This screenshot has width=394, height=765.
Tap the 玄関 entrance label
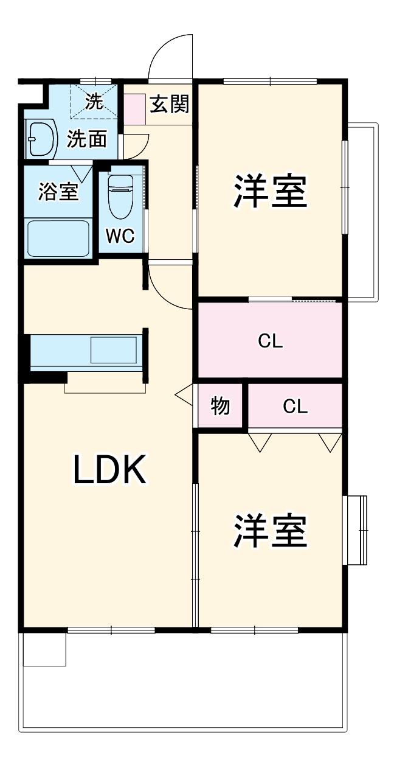click(x=170, y=103)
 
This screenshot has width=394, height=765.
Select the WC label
click(x=120, y=236)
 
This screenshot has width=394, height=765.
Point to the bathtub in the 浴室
click(x=58, y=239)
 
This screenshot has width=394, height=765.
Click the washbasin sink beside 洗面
click(x=40, y=139)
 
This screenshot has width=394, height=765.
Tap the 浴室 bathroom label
click(x=58, y=191)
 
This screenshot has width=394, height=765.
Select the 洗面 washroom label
click(x=87, y=139)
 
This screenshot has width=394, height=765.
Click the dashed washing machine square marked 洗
click(x=94, y=102)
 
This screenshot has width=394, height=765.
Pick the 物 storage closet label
click(x=219, y=406)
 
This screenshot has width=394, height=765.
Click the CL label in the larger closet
click(x=270, y=340)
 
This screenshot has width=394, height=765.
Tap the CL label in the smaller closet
click(x=295, y=407)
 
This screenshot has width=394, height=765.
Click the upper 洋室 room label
click(x=270, y=191)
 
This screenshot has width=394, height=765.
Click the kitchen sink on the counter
click(x=114, y=350)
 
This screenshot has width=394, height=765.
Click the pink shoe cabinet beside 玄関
click(x=134, y=109)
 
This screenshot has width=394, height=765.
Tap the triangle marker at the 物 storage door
click(x=184, y=395)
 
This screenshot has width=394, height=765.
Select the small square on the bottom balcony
click(x=44, y=649)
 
